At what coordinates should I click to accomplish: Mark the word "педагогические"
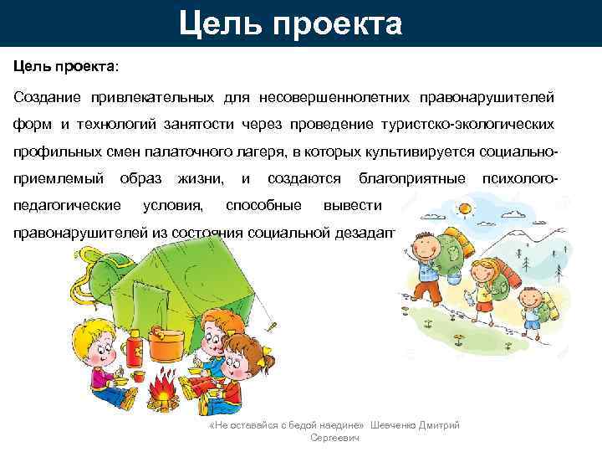(66, 205)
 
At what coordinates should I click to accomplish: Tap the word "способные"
(263, 205)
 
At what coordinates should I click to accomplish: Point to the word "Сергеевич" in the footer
(334, 438)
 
